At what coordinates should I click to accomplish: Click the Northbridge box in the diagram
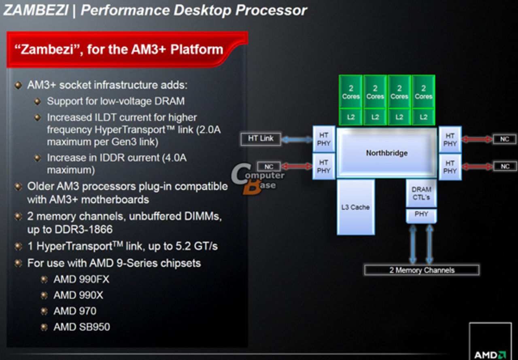coord(386,153)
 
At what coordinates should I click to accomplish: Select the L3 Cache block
coord(355,207)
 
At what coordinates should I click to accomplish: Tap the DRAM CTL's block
coord(421,193)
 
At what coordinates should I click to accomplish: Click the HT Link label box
coord(261,138)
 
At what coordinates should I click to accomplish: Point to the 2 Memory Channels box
coord(422,270)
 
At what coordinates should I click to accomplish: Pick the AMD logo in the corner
coord(490,355)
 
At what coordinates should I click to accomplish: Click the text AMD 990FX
coord(81,279)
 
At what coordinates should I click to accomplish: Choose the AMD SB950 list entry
coord(81,326)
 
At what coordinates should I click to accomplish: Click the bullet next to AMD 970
coord(44,311)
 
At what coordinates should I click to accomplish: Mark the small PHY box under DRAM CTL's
coord(421,214)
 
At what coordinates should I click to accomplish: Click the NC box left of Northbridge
coord(269,166)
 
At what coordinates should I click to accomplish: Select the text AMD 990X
coord(78,295)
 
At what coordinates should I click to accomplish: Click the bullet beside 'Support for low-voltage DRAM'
coord(38,101)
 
